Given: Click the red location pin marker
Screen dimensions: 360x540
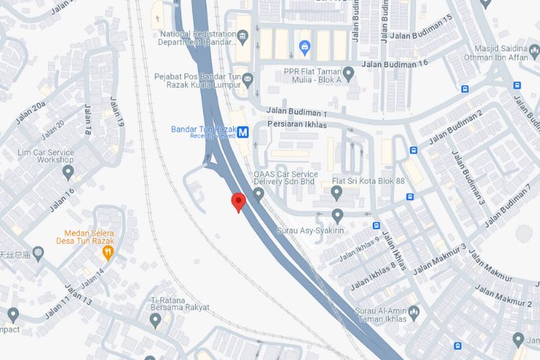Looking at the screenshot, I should pos(238,202).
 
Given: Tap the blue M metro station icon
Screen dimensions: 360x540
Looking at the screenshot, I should pos(243,132).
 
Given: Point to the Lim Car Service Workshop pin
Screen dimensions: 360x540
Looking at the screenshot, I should pos(68,172).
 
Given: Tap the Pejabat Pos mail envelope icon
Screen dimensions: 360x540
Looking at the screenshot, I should pos(248,77).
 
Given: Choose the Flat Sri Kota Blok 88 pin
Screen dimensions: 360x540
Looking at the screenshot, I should pos(336,192).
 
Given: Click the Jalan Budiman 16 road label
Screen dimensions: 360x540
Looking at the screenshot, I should pos(397,63).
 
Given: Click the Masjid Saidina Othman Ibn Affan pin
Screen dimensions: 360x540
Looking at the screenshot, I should pos(534,51).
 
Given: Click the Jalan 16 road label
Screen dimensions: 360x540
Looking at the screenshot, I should pos(62,201).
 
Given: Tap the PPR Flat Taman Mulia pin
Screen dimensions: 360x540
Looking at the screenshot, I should pos(348,72).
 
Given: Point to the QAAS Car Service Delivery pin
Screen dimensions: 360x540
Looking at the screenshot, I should pos(258,194).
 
